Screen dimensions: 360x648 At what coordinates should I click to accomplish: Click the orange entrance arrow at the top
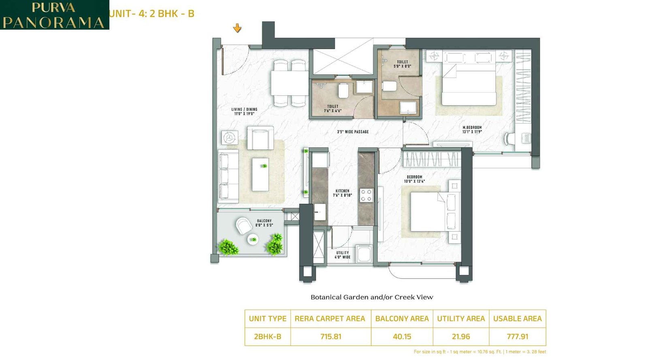point(237,28)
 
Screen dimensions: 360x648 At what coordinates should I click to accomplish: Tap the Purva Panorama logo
point(54,15)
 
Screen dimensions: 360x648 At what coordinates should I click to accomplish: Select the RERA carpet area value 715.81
point(330,337)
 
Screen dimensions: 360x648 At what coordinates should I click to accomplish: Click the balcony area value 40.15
point(402,337)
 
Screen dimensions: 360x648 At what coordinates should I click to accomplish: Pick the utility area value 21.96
point(461,337)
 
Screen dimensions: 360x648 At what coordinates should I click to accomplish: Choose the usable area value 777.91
point(517,337)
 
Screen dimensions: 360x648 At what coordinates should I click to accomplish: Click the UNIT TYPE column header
point(267,319)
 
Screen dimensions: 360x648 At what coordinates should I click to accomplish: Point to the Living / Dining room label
point(244,111)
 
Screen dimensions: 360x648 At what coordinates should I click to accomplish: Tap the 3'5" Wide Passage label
point(353,132)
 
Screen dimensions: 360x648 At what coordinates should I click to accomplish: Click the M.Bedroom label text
point(472,129)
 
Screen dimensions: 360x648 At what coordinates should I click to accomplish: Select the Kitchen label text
point(342,193)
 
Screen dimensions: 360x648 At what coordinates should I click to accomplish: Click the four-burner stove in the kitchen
point(366,195)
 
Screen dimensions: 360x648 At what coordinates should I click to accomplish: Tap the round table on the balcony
point(253,239)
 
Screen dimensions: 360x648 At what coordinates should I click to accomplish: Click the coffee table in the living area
point(260,175)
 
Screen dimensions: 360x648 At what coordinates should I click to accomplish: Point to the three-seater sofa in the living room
point(228,176)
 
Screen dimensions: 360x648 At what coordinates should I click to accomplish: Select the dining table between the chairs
point(289,83)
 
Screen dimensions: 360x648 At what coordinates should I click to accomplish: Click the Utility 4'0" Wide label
point(342,255)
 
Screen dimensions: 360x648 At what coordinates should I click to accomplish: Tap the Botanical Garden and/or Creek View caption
point(372,297)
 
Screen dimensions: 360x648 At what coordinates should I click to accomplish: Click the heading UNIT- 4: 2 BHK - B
point(152,14)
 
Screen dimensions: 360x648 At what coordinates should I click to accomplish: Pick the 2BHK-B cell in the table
point(267,337)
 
